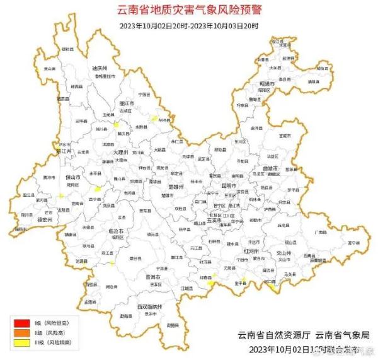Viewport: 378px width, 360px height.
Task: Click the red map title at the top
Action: (189, 10)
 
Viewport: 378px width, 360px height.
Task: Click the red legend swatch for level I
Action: (20, 322)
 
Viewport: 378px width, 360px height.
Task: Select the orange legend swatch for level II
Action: (20, 332)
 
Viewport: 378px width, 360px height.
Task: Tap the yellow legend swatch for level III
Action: (20, 342)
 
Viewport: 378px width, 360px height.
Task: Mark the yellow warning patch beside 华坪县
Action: (153, 117)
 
